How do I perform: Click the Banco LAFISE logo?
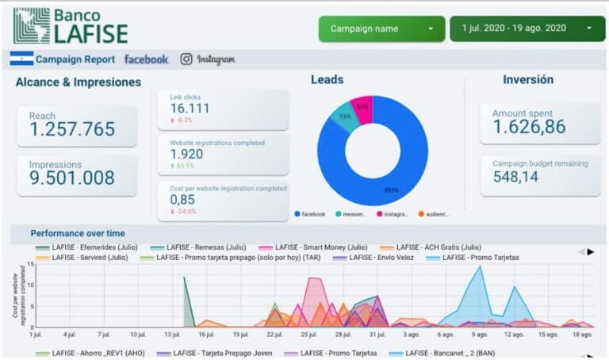click(71, 25)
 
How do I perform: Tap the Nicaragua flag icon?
click(21, 59)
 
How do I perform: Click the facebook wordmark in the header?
click(146, 59)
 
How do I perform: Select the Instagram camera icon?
click(186, 59)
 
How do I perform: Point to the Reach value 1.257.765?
click(72, 129)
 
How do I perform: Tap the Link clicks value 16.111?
click(190, 109)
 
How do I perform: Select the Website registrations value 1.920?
click(187, 155)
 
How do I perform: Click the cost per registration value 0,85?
click(182, 200)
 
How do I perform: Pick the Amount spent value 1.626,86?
click(529, 127)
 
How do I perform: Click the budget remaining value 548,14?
click(519, 178)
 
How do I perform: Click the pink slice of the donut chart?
click(362, 109)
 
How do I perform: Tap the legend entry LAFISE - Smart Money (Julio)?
click(316, 247)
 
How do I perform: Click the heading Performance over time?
click(78, 233)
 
